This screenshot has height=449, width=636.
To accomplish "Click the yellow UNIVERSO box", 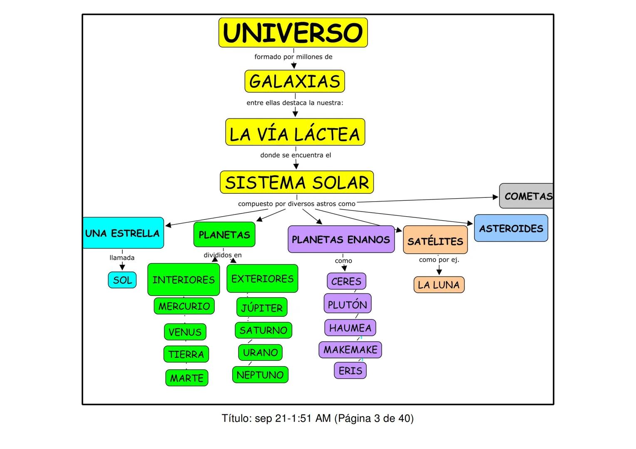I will coord(293,32).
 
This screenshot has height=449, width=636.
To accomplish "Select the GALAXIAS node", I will coord(295,81).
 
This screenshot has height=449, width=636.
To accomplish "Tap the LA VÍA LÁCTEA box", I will coord(295,132).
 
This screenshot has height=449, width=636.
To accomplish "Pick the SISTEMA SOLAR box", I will coord(297,182).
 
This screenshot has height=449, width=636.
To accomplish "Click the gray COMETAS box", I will coord(527,196).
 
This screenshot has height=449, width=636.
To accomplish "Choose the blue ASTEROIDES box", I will coord(511,228).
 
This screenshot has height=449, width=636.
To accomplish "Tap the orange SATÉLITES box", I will coord(435,240).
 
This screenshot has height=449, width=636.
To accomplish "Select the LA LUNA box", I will coord(439,285).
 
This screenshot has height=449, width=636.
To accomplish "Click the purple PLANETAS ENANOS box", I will coord(341,239).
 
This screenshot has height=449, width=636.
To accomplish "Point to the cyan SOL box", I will coord(122,280).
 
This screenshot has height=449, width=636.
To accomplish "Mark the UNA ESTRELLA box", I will coord(123,233).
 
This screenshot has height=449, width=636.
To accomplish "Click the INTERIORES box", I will coord(184,280).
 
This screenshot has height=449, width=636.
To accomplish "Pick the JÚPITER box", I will coord(262,308).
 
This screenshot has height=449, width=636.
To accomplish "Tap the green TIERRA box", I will coord(186,354).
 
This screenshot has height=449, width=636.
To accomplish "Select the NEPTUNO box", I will coord(260,375).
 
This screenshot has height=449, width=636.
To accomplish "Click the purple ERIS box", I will coord(350,370).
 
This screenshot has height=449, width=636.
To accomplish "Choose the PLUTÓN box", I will coord(347,304).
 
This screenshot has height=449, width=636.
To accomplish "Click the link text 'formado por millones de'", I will coord(293,57).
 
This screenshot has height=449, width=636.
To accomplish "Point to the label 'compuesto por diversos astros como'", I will coord(297,204).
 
